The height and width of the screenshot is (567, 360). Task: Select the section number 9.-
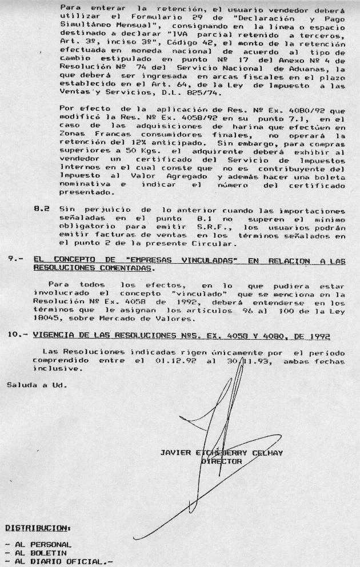14,260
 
